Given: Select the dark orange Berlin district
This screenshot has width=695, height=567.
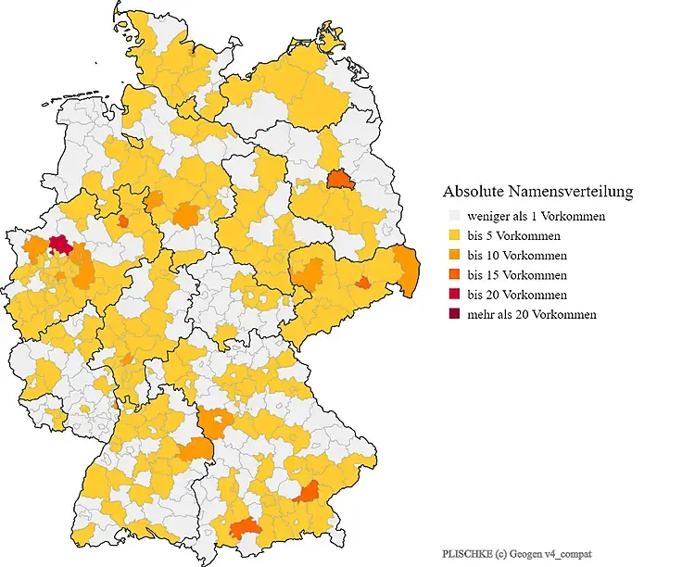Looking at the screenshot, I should tap(339, 179).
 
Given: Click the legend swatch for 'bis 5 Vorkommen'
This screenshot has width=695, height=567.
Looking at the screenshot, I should tap(452, 235).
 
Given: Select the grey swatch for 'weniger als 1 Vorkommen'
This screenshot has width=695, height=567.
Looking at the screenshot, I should tap(452, 216).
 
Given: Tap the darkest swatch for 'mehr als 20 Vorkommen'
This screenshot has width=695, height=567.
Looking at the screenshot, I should tap(452, 314).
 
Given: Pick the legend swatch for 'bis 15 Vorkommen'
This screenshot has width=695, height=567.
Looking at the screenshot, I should tap(452, 275).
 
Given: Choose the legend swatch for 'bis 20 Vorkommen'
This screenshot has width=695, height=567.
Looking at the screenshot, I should tap(452, 295).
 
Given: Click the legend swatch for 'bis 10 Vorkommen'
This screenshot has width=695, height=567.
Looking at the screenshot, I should tap(452, 255).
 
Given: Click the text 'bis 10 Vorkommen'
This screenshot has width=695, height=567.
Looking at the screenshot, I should tap(517, 255).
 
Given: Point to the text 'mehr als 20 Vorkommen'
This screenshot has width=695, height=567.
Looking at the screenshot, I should tap(532, 314).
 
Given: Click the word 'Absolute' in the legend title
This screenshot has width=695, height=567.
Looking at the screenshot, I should tap(473, 192).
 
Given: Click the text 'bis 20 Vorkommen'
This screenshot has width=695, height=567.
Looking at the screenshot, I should tap(517, 295).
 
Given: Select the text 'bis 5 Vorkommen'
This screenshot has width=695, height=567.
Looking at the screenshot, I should tap(514, 235).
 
